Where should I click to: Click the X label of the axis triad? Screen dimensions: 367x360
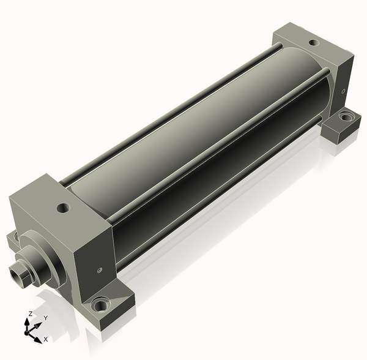46,339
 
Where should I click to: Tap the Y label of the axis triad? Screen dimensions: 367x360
46,318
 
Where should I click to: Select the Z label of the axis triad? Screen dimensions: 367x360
30,313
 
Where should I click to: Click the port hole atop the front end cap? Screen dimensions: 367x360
64,208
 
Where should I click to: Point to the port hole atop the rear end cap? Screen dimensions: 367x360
314,43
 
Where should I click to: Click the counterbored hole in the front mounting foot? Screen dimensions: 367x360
101,305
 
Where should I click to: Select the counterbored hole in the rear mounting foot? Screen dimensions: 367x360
346,116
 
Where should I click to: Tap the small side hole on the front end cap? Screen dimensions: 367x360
100,270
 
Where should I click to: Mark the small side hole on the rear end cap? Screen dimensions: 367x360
343,91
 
